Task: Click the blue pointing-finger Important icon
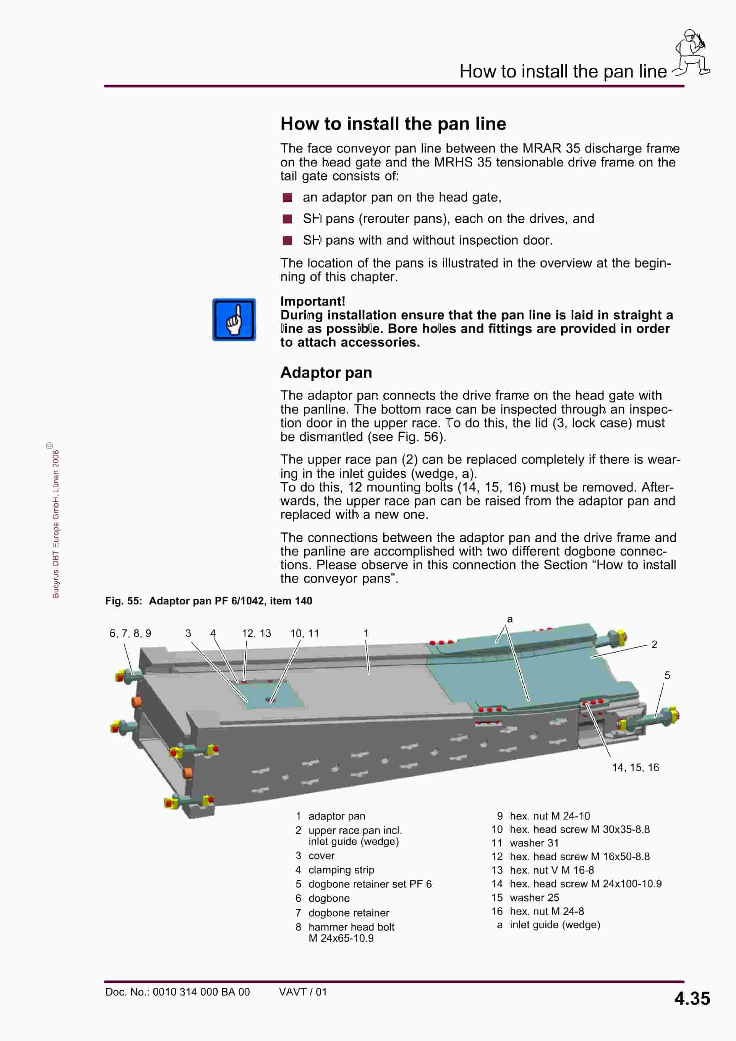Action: point(234,320)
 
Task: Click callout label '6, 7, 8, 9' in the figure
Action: point(130,634)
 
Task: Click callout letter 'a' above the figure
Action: point(510,619)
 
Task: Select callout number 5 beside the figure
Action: point(667,675)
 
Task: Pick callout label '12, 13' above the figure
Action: point(257,634)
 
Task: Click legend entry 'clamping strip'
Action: point(341,870)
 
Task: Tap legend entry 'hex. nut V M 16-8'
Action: point(551,870)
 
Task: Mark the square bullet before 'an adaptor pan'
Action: point(287,198)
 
